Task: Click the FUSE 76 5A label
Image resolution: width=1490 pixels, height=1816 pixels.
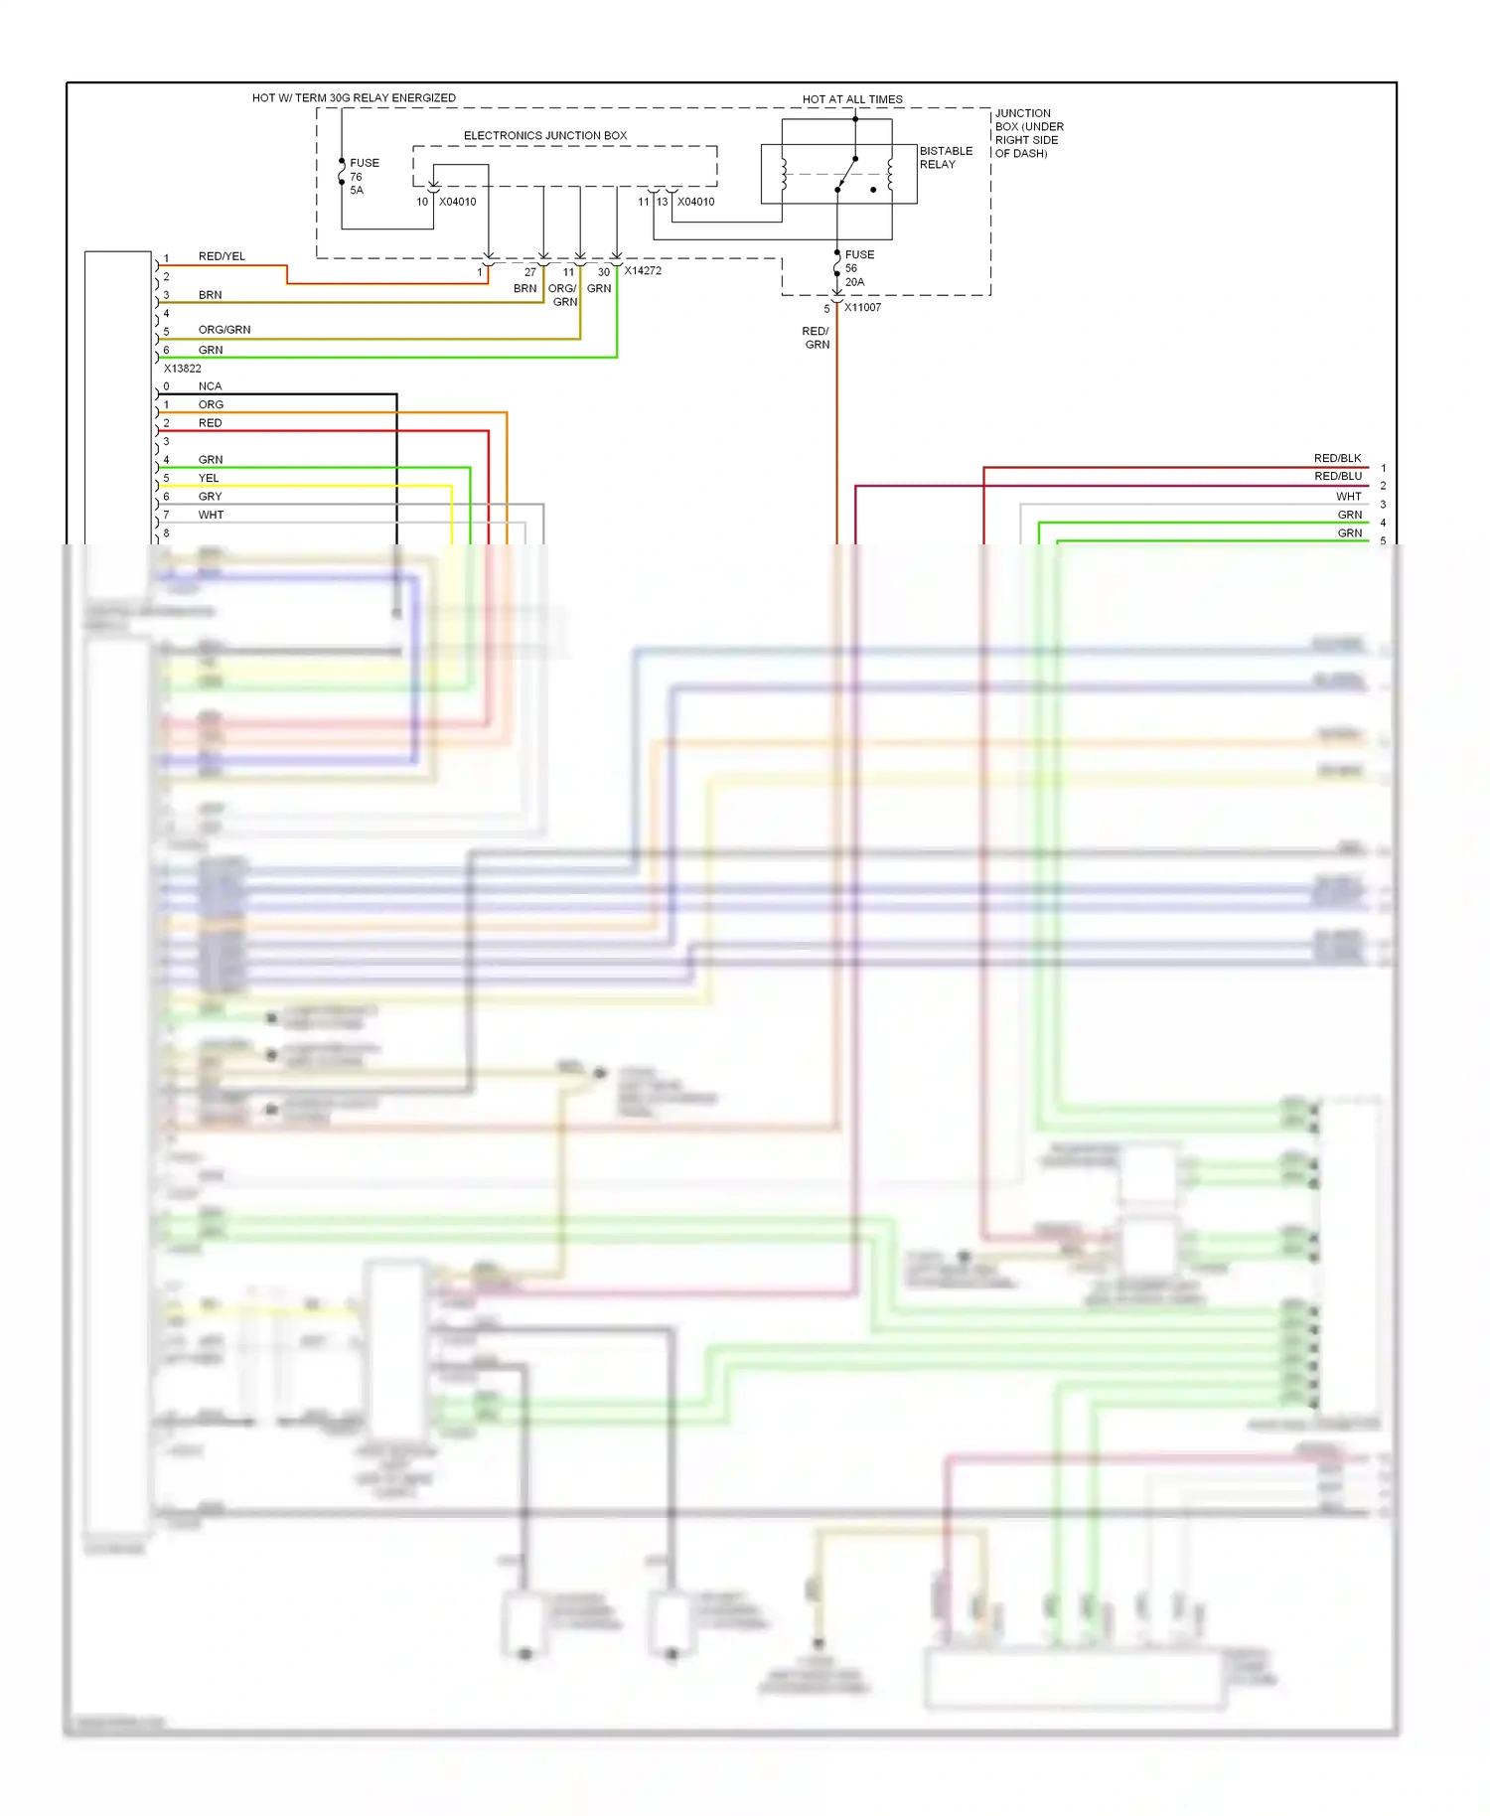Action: (363, 176)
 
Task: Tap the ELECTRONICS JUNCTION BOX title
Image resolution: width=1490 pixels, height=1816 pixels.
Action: (545, 135)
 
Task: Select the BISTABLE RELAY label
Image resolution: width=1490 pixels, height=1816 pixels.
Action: (946, 157)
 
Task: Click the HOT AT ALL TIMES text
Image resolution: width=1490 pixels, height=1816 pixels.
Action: (852, 99)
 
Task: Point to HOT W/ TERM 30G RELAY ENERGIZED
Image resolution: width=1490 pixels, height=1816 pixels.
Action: (354, 97)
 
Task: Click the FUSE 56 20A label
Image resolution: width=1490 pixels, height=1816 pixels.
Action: (858, 268)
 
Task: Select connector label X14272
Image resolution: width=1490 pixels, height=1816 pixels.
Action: (643, 270)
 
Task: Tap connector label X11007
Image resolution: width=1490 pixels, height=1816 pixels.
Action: (862, 307)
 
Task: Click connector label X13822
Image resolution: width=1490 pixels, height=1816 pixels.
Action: (183, 368)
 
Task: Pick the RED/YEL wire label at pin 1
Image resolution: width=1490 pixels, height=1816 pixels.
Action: (222, 256)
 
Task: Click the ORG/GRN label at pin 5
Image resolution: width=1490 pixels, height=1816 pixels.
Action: (224, 329)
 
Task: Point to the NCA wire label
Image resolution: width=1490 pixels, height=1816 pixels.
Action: (210, 385)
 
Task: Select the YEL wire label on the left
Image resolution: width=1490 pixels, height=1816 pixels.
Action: (209, 478)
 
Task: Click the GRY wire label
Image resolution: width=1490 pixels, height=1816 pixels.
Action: (210, 496)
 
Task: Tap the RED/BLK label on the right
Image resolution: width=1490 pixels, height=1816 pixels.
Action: (1337, 458)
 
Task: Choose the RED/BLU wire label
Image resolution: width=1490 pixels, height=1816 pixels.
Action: (1337, 476)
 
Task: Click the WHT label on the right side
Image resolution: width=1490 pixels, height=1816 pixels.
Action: (1348, 496)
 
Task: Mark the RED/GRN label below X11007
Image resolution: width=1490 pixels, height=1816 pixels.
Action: (817, 338)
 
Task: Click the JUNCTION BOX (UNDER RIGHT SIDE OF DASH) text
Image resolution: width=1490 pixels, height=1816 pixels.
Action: (1029, 133)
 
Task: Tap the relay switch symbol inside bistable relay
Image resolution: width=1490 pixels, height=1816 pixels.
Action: (845, 174)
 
